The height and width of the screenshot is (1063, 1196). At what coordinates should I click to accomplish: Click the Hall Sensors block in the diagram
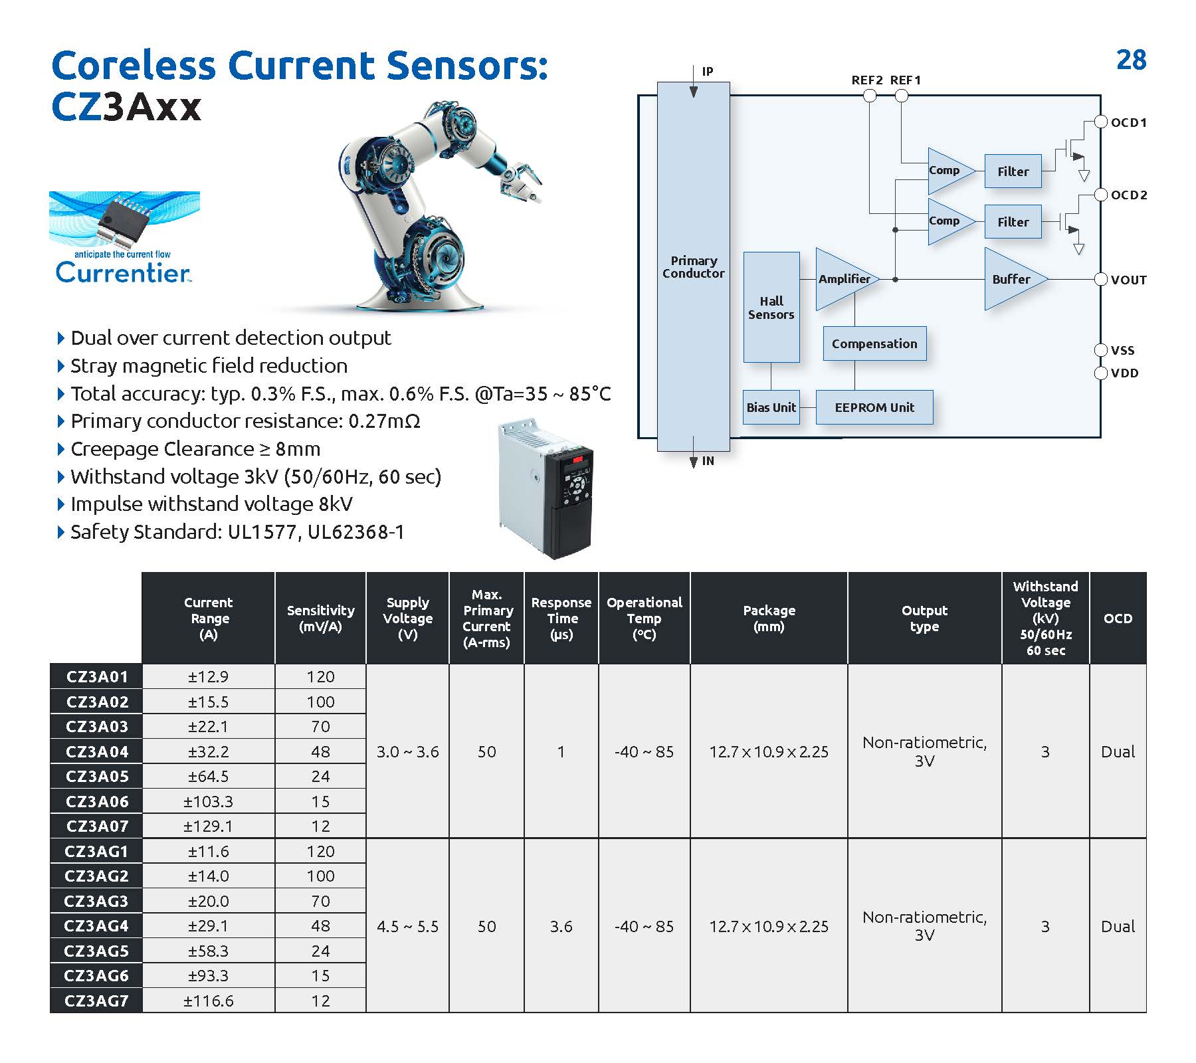pos(771,307)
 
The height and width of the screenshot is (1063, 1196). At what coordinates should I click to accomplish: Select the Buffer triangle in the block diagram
pos(1011,280)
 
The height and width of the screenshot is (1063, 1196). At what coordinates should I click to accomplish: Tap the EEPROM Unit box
pos(874,407)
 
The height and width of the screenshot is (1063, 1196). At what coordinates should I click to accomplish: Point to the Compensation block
pos(874,343)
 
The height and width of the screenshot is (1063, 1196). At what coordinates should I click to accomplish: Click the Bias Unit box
pos(771,407)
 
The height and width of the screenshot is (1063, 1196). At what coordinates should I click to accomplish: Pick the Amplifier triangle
pos(843,279)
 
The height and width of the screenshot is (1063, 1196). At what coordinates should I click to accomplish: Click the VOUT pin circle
pos(1100,280)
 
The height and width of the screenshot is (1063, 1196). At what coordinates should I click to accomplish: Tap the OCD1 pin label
pos(1129,123)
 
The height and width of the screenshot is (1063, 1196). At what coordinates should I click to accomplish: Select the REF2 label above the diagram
pos(866,80)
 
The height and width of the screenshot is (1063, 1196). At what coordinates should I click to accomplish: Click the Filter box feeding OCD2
pos(1013,222)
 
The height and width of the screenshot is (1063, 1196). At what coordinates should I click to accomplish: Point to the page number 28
pos(1131,60)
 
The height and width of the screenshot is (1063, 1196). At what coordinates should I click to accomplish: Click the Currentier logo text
pos(123,273)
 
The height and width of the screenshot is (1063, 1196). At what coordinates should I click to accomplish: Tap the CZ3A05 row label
pos(96,776)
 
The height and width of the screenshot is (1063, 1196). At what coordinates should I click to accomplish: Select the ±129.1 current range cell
pos(208,826)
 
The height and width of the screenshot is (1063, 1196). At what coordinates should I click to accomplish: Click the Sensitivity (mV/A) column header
pos(320,619)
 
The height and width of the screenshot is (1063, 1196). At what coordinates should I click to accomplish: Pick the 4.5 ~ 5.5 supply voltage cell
pos(407,926)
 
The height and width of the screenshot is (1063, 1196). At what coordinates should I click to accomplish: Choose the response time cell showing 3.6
pos(561,926)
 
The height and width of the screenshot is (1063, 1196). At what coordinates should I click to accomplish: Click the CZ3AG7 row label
pos(96,1001)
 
